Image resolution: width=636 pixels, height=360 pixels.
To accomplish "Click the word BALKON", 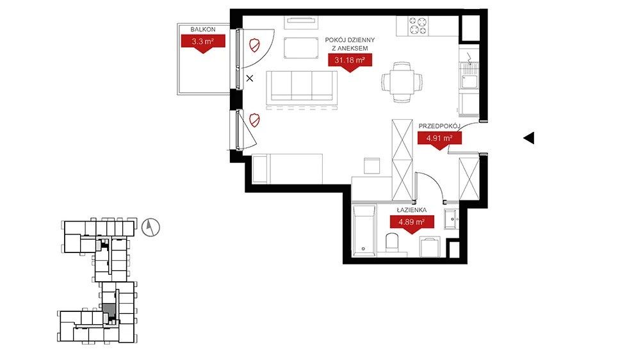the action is pos(203,29).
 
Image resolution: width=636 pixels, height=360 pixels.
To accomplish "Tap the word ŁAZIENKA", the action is pos(411,210).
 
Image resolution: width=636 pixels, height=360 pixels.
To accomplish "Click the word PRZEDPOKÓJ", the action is pos(439,126).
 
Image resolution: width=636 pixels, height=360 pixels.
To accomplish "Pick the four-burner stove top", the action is pos(418,25).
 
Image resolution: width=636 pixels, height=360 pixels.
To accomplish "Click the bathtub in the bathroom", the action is pos(363,231).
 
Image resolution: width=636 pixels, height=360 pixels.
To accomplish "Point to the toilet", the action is pos(393,244).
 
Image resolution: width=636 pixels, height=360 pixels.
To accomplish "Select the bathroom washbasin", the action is pos(451,219).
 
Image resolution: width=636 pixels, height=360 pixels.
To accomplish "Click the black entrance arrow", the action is pos(528,138).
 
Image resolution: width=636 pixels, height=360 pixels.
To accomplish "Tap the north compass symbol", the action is pos(151,227).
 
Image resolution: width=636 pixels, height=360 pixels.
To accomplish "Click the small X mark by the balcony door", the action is pos(249,78).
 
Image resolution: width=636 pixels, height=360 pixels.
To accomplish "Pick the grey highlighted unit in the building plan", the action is pos(109,310).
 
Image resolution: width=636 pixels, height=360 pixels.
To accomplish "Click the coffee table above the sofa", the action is pos(301,47).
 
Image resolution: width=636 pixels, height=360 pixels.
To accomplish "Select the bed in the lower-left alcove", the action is pos(287,168).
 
